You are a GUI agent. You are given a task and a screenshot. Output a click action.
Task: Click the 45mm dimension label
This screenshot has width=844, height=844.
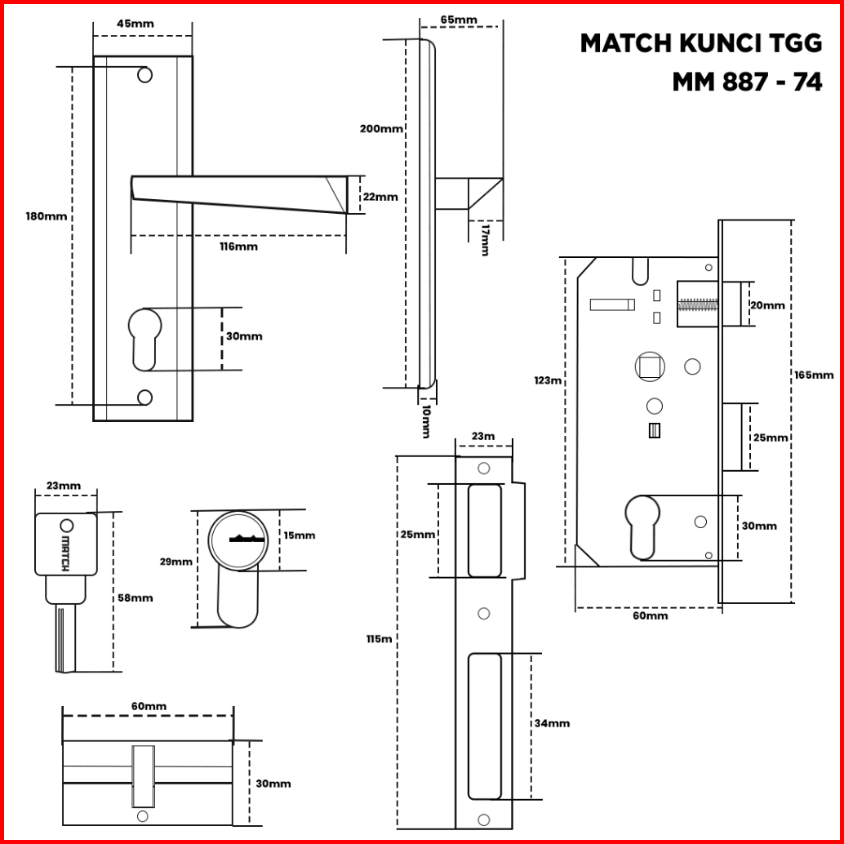click(x=135, y=24)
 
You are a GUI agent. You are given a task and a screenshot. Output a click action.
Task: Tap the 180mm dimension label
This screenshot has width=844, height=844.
click(x=46, y=217)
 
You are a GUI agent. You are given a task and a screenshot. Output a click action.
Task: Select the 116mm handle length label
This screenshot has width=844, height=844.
click(x=238, y=247)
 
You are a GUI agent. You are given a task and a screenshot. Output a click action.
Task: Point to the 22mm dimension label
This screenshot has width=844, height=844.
click(x=380, y=197)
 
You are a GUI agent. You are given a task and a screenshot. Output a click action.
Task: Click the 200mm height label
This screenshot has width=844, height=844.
click(x=381, y=129)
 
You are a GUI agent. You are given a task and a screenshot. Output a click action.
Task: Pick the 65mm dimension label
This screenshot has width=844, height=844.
click(x=459, y=20)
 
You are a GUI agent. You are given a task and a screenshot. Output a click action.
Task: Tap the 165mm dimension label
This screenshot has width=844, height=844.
click(x=814, y=375)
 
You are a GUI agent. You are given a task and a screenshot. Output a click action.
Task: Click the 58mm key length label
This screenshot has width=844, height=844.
click(x=135, y=597)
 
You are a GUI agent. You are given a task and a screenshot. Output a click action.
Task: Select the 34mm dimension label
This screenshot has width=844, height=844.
click(x=552, y=723)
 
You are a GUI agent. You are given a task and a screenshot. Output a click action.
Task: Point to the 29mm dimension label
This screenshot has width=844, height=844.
click(x=176, y=562)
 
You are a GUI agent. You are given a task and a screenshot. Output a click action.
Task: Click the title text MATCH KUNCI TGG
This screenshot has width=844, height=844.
click(x=700, y=44)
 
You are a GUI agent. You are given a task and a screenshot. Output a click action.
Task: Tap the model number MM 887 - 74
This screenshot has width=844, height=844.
click(x=747, y=82)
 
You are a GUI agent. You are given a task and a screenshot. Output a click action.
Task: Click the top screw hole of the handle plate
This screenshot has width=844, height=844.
click(x=144, y=75)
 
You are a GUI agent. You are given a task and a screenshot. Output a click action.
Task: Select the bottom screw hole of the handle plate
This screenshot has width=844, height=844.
click(x=144, y=398)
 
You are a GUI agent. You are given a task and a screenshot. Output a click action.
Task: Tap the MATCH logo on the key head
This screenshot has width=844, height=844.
click(x=65, y=552)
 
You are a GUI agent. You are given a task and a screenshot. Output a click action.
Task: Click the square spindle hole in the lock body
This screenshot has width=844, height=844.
click(x=649, y=366)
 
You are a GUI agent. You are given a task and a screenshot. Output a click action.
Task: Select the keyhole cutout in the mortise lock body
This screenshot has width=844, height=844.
click(x=642, y=525)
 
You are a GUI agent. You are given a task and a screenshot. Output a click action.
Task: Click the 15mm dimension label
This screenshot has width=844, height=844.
click(x=299, y=535)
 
